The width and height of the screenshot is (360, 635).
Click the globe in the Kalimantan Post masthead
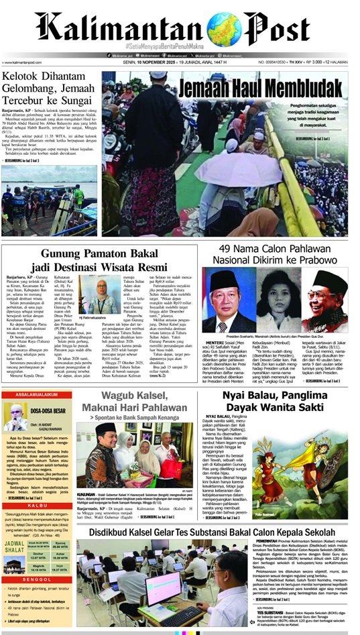[224, 27]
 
